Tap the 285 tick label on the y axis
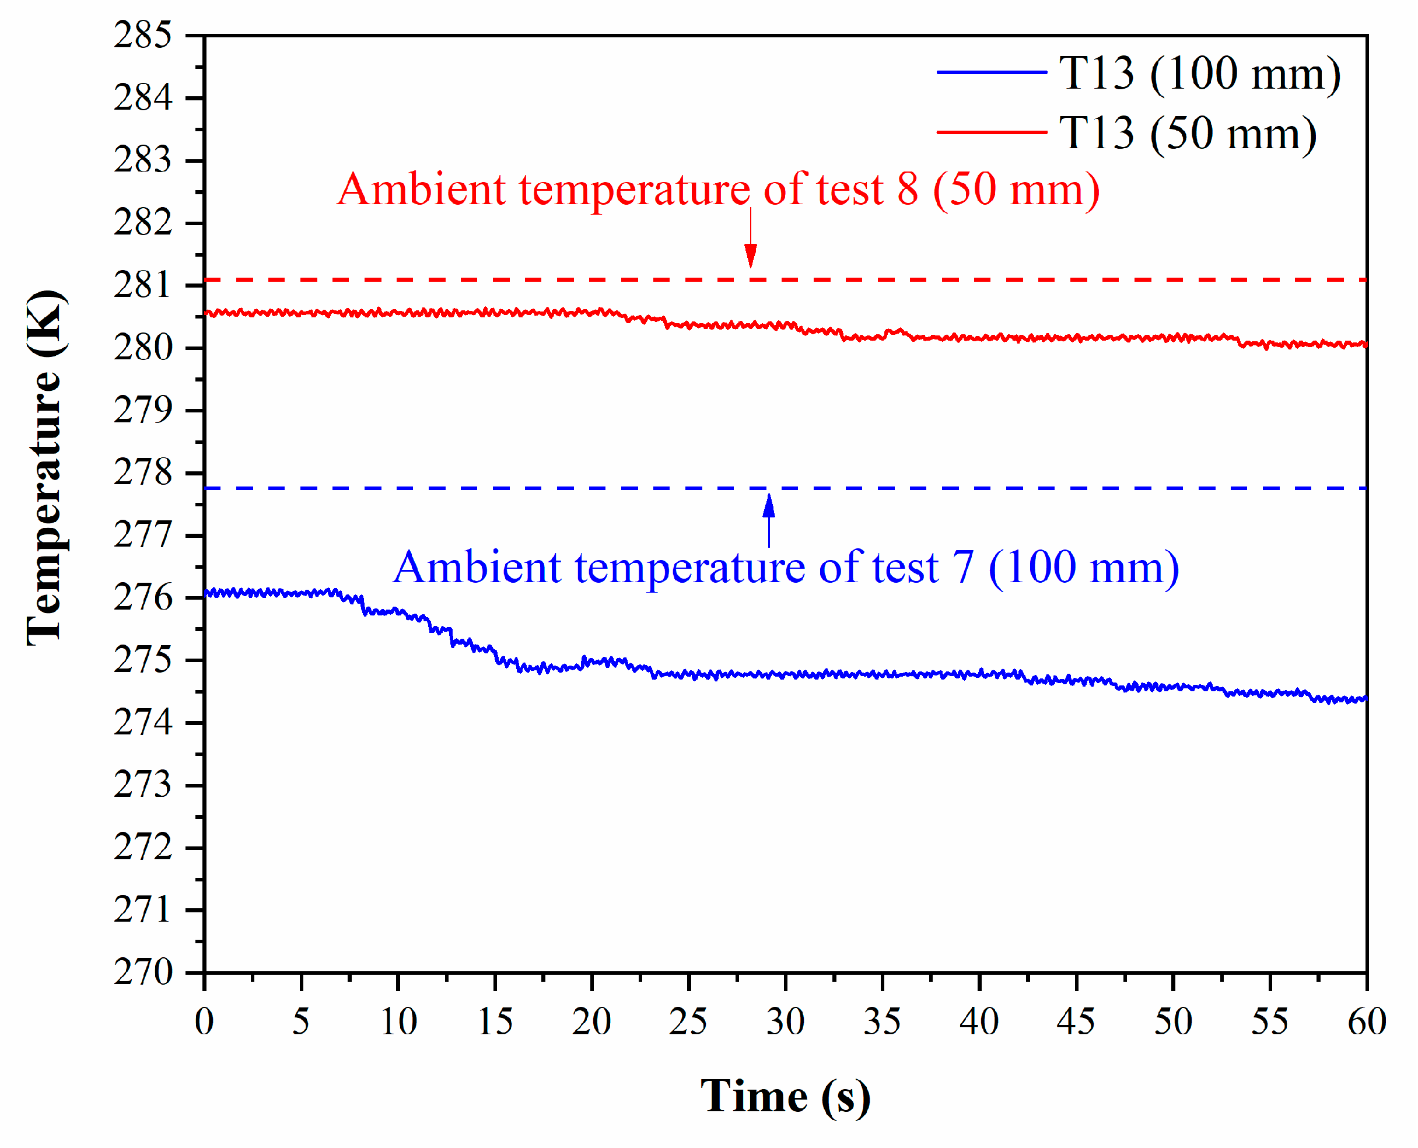pyautogui.click(x=143, y=35)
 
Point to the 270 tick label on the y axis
pyautogui.click(x=143, y=972)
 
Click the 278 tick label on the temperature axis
pyautogui.click(x=143, y=473)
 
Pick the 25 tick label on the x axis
pyautogui.click(x=688, y=1021)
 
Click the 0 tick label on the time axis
pyautogui.click(x=204, y=1021)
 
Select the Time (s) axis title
pyautogui.click(x=785, y=1097)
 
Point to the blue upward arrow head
pyautogui.click(x=768, y=506)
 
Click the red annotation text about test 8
pyautogui.click(x=718, y=190)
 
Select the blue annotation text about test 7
pyautogui.click(x=785, y=568)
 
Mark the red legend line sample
pyautogui.click(x=992, y=132)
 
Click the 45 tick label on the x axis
pyautogui.click(x=1076, y=1021)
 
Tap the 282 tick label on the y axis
pyautogui.click(x=143, y=223)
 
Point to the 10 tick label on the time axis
pyautogui.click(x=398, y=1021)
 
